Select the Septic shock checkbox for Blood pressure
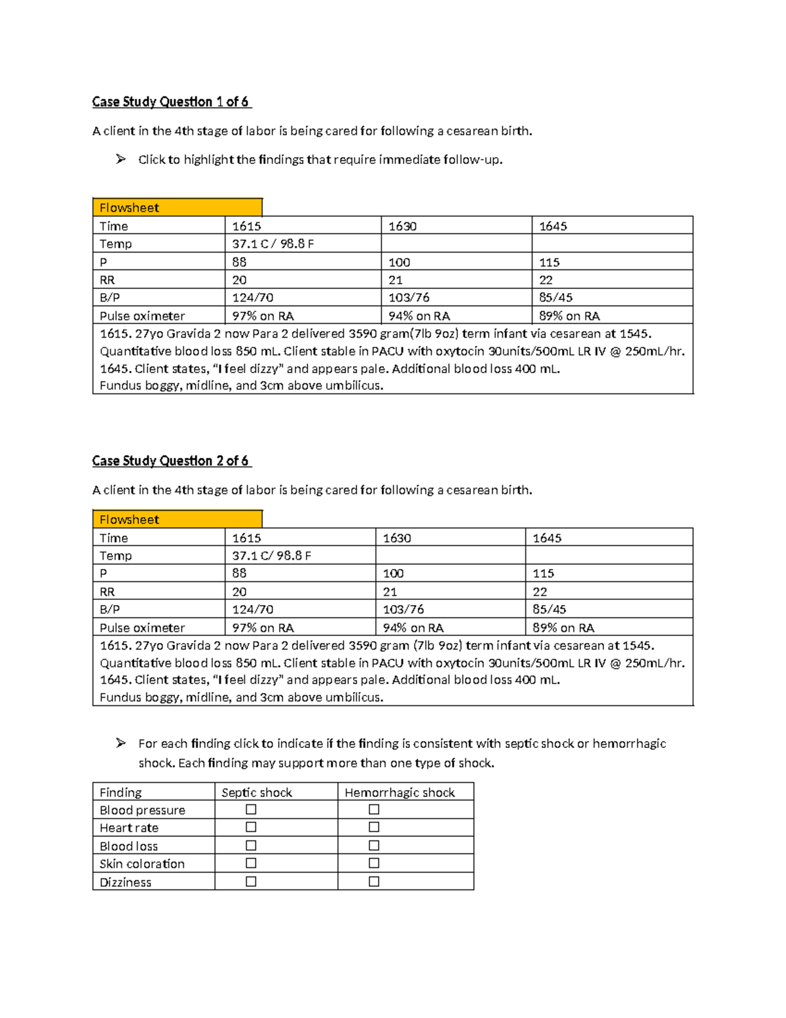coord(251,810)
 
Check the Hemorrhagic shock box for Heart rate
coord(374,827)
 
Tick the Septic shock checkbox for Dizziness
coord(251,882)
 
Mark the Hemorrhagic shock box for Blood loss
coord(374,846)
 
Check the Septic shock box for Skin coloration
coord(251,863)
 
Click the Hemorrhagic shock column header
coord(400,793)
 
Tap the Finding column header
coord(121,793)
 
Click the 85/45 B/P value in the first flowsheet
coord(555,298)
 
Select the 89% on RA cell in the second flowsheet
coord(563,628)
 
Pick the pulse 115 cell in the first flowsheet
coord(549,262)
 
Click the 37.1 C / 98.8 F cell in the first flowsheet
coord(273,244)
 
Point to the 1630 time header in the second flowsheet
coord(397,538)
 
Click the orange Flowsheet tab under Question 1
coord(177,208)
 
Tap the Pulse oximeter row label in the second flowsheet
coord(142,628)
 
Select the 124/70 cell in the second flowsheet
coord(253,610)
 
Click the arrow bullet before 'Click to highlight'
coord(121,159)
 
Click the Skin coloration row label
coord(142,864)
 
